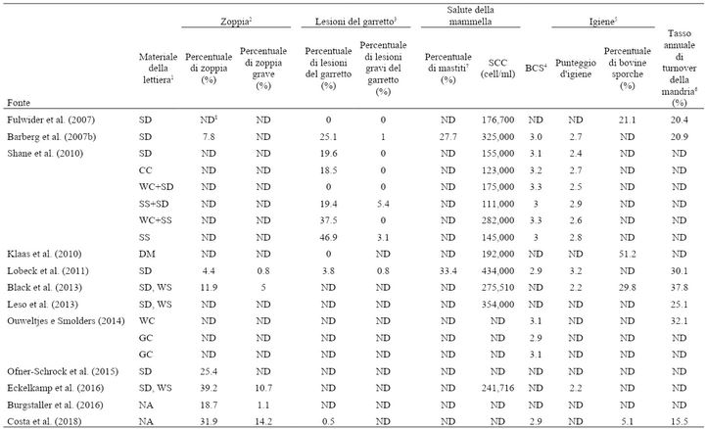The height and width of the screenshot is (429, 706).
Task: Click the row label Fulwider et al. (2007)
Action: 51,119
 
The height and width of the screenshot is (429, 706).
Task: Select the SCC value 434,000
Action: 497,271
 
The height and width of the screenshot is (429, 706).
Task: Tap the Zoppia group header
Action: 236,22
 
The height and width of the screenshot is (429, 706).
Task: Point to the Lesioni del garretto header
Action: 355,22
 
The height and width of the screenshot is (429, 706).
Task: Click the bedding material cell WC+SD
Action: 156,187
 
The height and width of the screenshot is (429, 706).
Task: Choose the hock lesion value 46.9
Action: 328,237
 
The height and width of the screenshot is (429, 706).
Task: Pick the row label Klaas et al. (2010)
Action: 44,254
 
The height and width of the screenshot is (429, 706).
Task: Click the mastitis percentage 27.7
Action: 448,137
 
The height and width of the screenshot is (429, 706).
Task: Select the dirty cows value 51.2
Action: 628,254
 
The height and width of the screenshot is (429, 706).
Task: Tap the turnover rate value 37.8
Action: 679,288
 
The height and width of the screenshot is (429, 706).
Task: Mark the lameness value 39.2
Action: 209,388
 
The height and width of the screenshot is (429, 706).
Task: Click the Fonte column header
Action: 19,103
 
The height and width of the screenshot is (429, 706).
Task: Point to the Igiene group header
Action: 602,22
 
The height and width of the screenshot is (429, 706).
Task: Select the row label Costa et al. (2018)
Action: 44,422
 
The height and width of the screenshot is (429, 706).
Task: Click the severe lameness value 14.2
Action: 263,422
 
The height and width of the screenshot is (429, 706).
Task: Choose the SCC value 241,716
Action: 497,388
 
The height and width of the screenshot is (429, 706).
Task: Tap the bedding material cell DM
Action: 147,254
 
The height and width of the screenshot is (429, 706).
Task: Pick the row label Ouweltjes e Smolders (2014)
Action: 66,321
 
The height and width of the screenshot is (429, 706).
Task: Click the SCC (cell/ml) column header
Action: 497,69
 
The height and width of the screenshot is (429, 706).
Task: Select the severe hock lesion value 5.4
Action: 383,204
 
